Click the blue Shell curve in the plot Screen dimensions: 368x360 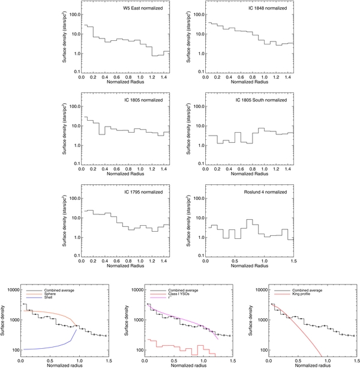tap(48, 348)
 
